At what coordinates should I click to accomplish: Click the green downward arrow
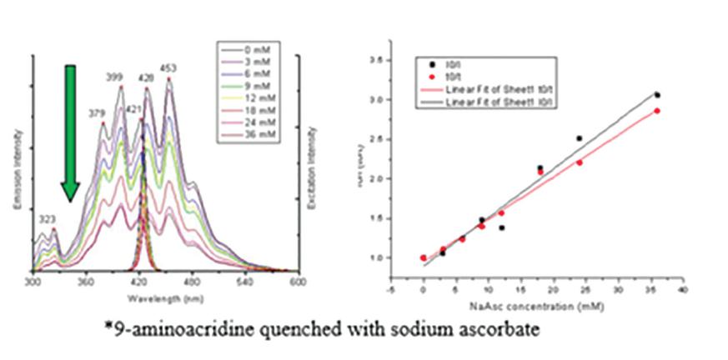[71, 133]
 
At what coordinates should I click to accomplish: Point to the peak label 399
[114, 77]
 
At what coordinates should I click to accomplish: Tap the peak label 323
[47, 218]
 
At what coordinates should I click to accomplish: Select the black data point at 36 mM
[657, 95]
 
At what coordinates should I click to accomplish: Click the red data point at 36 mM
[657, 111]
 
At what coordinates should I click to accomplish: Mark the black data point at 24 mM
[579, 138]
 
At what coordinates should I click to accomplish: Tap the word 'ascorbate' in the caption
[495, 331]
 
